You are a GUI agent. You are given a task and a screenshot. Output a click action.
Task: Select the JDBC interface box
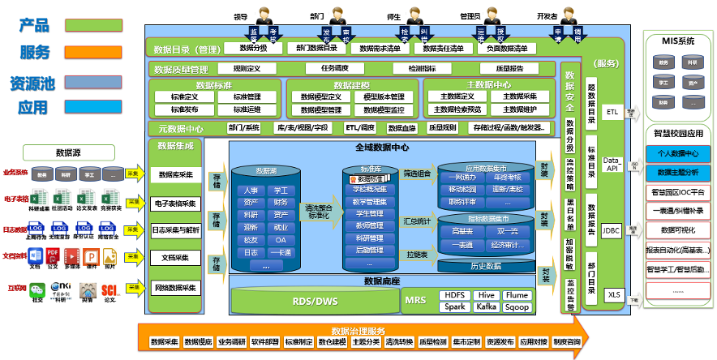pos(612,231)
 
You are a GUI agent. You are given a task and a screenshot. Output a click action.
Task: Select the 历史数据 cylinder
pos(486,265)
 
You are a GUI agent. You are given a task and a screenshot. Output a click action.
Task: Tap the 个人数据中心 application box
pos(678,153)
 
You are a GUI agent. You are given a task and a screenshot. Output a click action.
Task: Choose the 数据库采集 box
pos(175,174)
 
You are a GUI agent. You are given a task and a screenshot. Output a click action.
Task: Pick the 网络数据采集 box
pos(175,287)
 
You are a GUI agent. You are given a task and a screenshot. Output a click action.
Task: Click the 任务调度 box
pos(340,69)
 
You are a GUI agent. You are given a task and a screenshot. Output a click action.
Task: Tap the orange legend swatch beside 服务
pos(94,53)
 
